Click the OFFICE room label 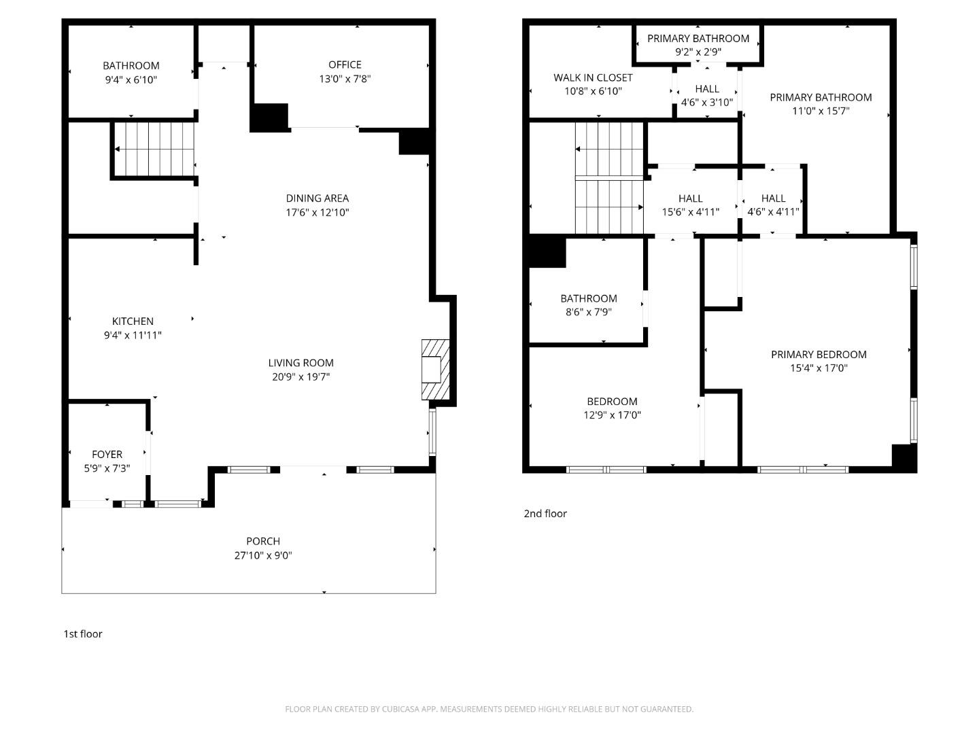click(345, 65)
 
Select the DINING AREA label click(317, 198)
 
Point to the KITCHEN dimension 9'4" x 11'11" click(133, 335)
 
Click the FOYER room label click(107, 455)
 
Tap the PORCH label click(262, 542)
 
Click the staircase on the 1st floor click(154, 149)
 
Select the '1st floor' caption click(83, 634)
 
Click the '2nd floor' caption click(545, 514)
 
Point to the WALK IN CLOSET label click(593, 78)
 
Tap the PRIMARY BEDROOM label click(819, 355)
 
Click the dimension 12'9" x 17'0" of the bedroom click(612, 415)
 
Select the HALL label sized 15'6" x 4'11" click(690, 198)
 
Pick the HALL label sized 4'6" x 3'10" click(707, 89)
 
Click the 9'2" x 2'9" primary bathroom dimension click(698, 52)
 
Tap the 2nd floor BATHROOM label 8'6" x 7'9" click(589, 299)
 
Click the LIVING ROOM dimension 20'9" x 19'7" click(300, 377)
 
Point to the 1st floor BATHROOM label click(131, 66)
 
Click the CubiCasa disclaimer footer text click(489, 709)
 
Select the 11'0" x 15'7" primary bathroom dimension click(821, 111)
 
